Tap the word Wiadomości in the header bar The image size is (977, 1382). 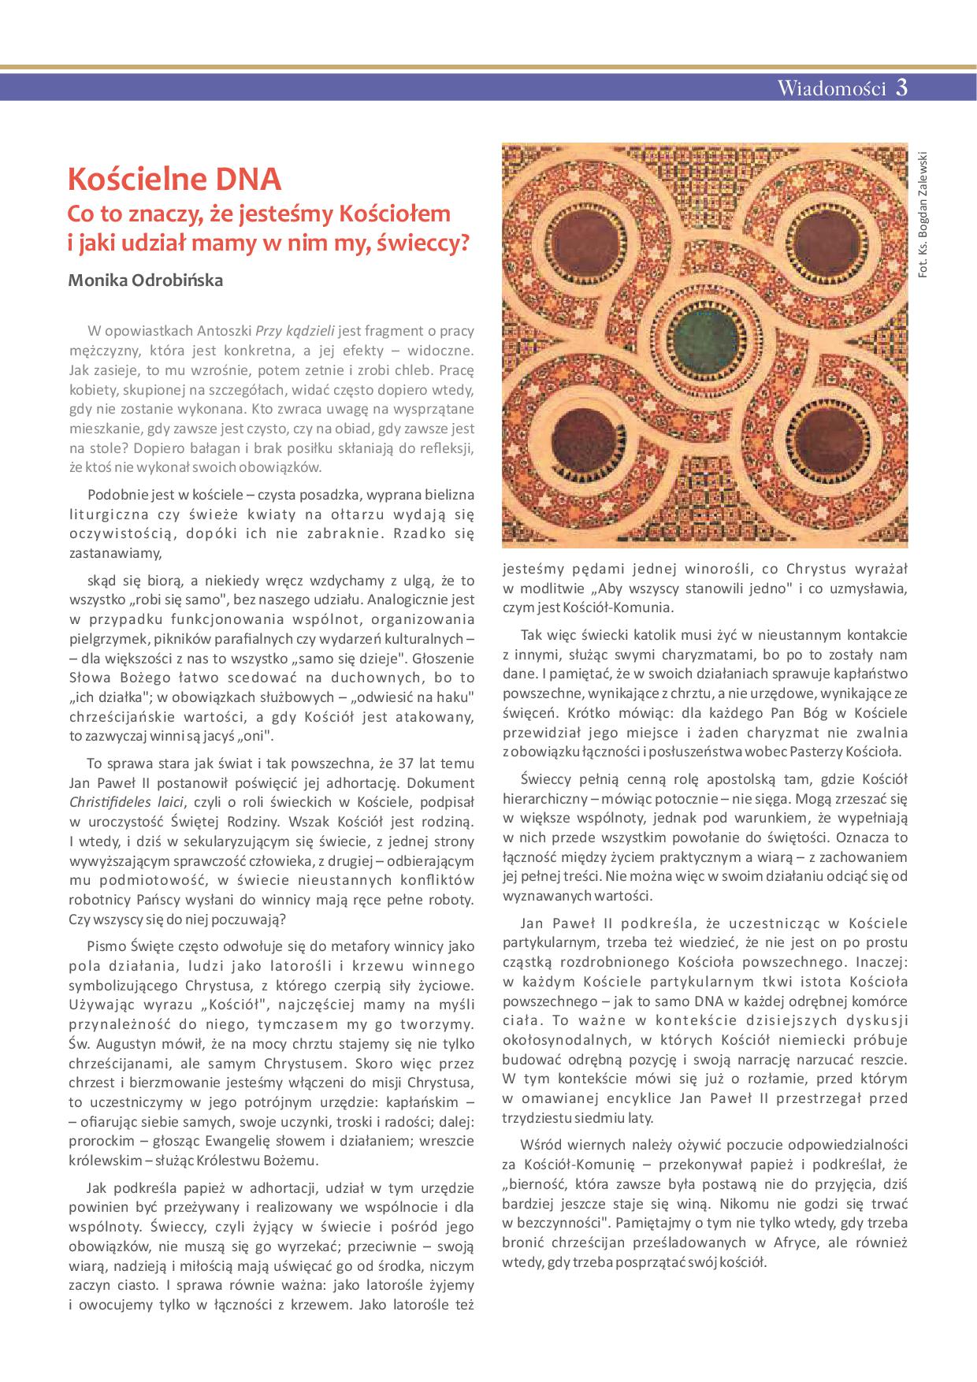click(x=832, y=88)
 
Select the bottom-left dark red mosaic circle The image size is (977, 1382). click(x=586, y=441)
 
